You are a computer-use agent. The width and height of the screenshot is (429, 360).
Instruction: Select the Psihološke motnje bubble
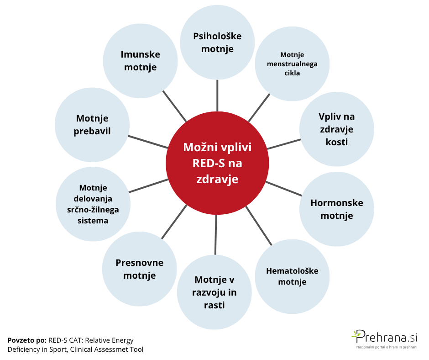click(217, 42)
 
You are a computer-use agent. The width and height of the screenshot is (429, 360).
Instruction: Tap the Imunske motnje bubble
click(140, 61)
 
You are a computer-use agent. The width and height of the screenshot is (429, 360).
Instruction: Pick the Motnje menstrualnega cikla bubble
click(292, 64)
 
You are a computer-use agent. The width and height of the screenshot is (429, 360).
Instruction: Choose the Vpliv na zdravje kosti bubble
click(336, 129)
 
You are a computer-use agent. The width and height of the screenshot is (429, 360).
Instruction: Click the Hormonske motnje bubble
click(336, 209)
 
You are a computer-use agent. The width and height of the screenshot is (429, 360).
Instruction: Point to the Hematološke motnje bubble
click(292, 276)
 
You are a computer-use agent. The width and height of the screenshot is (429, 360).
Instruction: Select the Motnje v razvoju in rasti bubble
click(214, 292)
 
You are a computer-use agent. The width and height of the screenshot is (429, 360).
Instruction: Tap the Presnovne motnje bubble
click(139, 269)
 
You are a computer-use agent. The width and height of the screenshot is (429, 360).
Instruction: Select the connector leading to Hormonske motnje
click(282, 189)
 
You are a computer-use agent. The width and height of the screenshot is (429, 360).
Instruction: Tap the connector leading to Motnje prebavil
click(148, 141)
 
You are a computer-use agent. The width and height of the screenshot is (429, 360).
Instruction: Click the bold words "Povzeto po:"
click(27, 340)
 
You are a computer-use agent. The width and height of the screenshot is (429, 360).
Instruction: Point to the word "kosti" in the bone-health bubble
click(336, 142)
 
